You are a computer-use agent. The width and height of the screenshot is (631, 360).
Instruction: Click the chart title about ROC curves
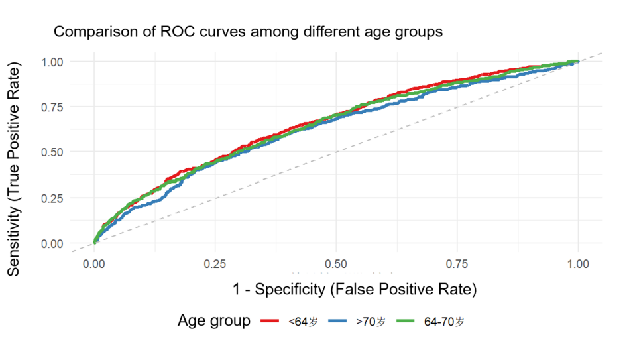click(x=248, y=32)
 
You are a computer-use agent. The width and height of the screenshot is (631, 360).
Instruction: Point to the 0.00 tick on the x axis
click(x=94, y=264)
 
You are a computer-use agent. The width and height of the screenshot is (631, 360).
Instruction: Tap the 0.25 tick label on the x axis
click(x=215, y=264)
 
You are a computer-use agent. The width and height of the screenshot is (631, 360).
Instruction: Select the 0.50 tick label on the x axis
click(x=336, y=264)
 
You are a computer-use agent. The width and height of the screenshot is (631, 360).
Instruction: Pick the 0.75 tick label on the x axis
click(x=457, y=264)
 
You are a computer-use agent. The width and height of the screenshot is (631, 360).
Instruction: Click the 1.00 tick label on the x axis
click(x=578, y=264)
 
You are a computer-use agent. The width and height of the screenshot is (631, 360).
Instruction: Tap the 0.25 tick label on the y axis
click(x=52, y=198)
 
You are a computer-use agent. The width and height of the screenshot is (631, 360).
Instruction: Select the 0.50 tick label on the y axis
click(x=52, y=152)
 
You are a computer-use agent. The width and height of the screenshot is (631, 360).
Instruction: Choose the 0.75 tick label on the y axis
click(x=52, y=107)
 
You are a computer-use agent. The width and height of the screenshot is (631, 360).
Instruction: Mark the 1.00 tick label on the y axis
click(x=52, y=62)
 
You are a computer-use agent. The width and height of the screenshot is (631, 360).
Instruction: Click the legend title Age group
click(x=214, y=321)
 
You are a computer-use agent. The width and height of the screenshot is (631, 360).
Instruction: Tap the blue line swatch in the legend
click(x=337, y=321)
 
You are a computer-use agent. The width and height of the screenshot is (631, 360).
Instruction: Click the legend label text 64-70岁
click(x=444, y=322)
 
